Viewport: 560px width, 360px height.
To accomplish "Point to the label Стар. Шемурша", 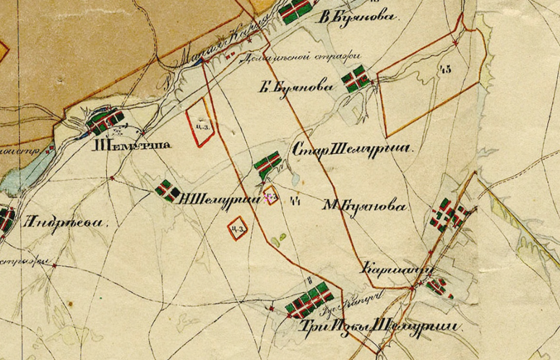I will (x=352, y=150).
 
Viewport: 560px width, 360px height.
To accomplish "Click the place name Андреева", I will (x=66, y=223).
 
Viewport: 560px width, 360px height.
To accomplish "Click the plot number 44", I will (x=294, y=202).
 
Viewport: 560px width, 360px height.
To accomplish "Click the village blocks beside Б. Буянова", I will (x=356, y=79).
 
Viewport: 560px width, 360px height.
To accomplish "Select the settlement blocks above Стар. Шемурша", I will (x=267, y=165).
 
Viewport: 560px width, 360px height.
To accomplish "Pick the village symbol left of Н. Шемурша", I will (x=167, y=191).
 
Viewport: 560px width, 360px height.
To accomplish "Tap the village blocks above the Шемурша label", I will (x=107, y=123).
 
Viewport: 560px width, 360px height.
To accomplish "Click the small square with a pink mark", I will (x=270, y=197).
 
